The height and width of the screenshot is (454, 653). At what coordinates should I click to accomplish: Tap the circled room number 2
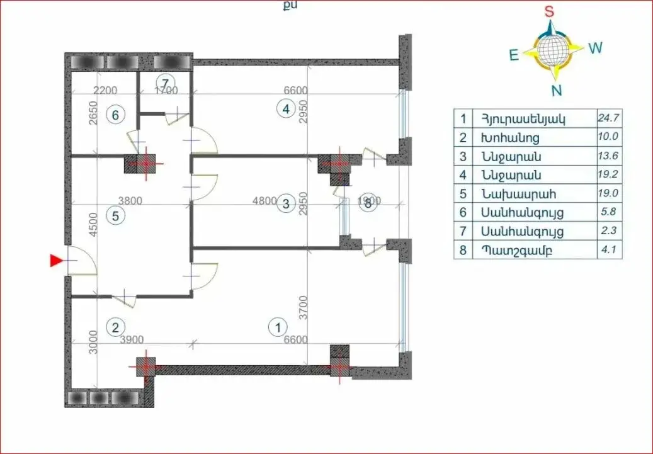tap(115, 327)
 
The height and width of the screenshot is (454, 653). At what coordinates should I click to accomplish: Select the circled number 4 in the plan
tap(286, 109)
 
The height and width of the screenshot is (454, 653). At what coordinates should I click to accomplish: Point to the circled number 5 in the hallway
tap(115, 215)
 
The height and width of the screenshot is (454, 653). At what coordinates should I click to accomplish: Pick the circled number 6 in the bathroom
tap(114, 115)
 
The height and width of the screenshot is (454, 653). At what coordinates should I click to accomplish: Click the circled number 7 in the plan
tap(165, 82)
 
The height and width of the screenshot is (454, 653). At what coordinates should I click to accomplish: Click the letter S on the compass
tap(549, 11)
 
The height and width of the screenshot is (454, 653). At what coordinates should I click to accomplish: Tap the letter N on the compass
tap(556, 90)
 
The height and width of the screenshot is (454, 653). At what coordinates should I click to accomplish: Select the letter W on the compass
tap(596, 48)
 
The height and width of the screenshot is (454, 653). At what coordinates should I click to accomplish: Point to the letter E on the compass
tap(514, 55)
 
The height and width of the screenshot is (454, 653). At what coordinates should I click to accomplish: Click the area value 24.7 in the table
tap(608, 118)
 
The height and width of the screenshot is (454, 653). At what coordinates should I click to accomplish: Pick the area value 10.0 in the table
tap(608, 137)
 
